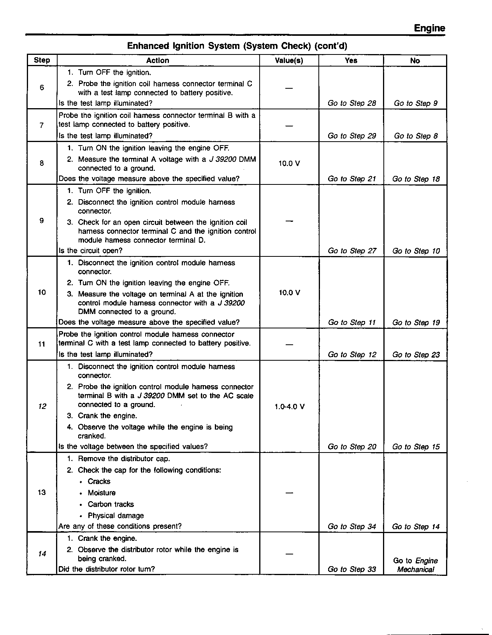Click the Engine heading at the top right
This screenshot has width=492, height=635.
coord(429,28)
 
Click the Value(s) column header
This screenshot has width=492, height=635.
coord(289,60)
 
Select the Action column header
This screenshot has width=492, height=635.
coord(158,60)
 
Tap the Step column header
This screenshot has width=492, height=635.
coord(42,60)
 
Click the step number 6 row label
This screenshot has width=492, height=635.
coord(42,88)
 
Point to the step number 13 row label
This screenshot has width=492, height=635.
coord(42,492)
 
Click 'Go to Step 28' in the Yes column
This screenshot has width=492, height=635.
coord(352,103)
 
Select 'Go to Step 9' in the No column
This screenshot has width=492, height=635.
coord(416,103)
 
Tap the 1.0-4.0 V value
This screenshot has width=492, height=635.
coord(289,407)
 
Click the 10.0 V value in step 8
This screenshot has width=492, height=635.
coord(289,163)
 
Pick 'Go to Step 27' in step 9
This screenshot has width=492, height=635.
coord(352,251)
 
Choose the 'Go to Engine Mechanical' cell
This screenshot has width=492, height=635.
coord(415,565)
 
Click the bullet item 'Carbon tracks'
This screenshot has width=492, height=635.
coord(111,504)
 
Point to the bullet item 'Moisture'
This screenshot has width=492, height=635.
coord(102,493)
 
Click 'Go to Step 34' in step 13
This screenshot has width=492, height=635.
coord(352,526)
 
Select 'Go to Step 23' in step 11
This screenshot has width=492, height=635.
coord(416,354)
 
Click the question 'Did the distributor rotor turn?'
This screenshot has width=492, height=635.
coord(107,569)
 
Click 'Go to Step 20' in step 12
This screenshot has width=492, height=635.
coord(352,447)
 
